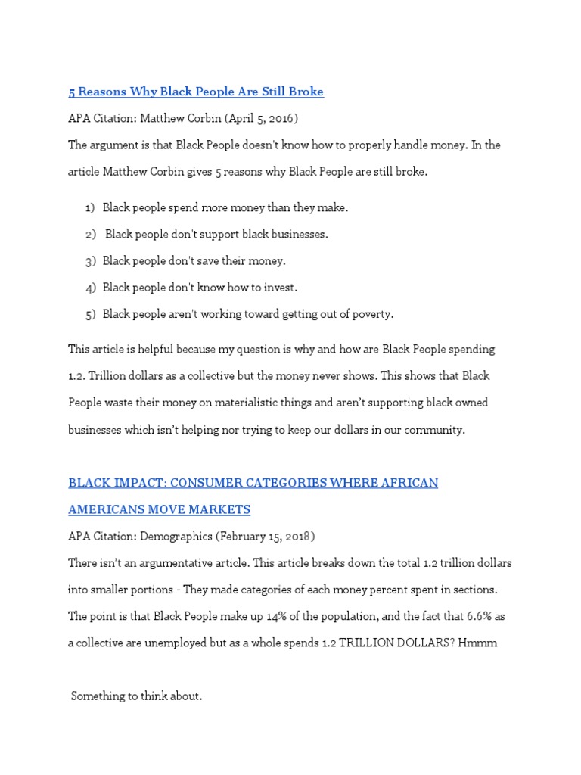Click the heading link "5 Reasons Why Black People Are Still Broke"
click(196, 92)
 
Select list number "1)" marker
click(90, 207)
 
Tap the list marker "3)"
click(91, 261)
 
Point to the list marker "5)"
click(91, 314)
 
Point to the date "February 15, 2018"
click(264, 537)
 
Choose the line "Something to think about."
click(137, 696)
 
